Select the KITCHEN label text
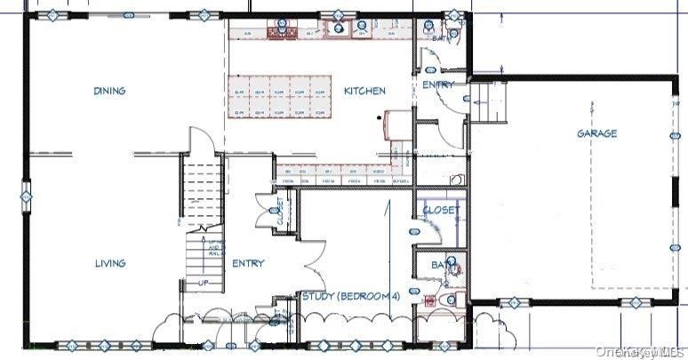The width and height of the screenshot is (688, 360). (364, 91)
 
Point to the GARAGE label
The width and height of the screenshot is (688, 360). (596, 133)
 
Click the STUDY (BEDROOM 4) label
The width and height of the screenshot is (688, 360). (351, 297)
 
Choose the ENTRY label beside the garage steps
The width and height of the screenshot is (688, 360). (437, 85)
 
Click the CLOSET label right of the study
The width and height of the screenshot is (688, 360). (441, 211)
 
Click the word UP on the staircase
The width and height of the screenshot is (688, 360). (203, 282)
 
